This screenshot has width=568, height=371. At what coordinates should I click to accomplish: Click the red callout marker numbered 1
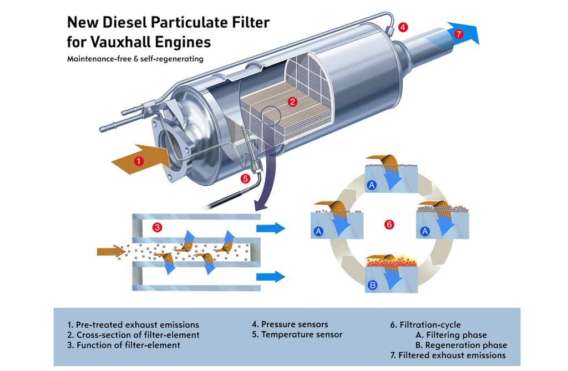tap(139, 161)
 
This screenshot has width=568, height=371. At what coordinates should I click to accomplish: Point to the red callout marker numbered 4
tap(403, 26)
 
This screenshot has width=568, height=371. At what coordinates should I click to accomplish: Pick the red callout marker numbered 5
tap(246, 179)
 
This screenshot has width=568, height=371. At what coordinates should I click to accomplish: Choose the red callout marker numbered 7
tap(458, 34)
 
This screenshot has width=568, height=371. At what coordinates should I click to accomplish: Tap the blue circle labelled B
tap(373, 286)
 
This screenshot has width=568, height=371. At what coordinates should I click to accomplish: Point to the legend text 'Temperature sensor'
tap(302, 334)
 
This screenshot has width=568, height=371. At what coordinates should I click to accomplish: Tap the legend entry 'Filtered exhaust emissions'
tap(448, 355)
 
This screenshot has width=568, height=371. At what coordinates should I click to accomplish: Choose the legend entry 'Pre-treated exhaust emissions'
tap(133, 324)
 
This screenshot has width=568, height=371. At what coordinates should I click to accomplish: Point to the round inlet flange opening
tap(171, 146)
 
